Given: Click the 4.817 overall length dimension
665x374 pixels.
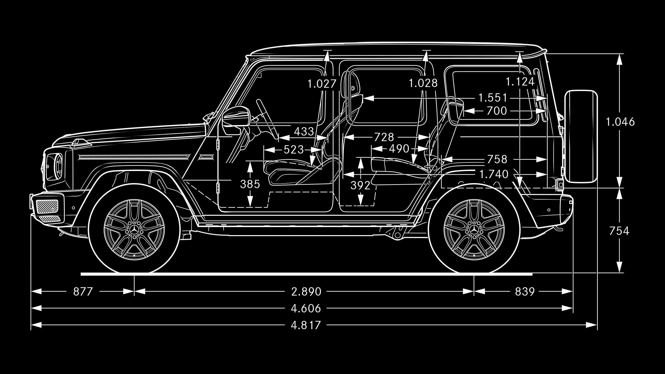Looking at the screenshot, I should point(306,325).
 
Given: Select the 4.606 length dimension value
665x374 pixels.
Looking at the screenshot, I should point(306,308).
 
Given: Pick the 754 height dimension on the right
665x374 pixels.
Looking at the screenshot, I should point(619,231).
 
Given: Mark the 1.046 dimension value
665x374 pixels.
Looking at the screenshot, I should point(620,122).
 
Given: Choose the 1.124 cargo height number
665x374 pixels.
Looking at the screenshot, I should point(520,82).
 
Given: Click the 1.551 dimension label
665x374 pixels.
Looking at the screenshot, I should point(493,98).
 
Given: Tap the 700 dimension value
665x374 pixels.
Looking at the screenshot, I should point(496,111).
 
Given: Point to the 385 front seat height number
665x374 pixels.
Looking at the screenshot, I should point(250,184).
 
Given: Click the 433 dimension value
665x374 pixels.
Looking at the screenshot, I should point(304,132).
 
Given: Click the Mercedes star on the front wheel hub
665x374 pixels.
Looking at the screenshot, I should point(134,230).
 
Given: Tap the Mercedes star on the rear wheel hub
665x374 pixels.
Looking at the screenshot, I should point(474,230).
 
